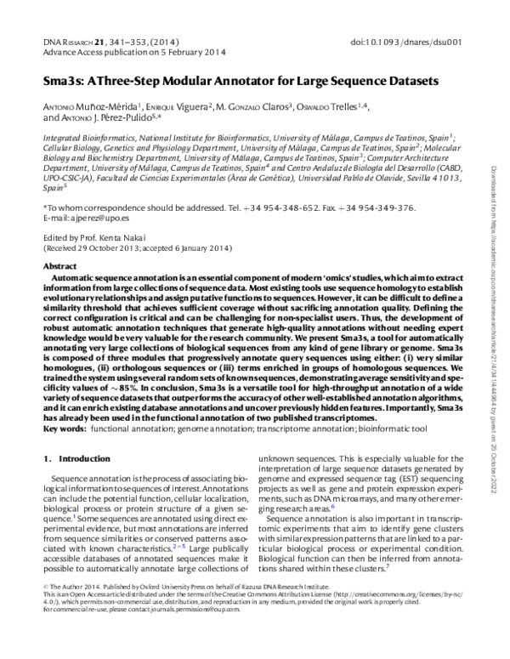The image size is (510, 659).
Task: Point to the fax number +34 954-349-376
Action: [x=379, y=207]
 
